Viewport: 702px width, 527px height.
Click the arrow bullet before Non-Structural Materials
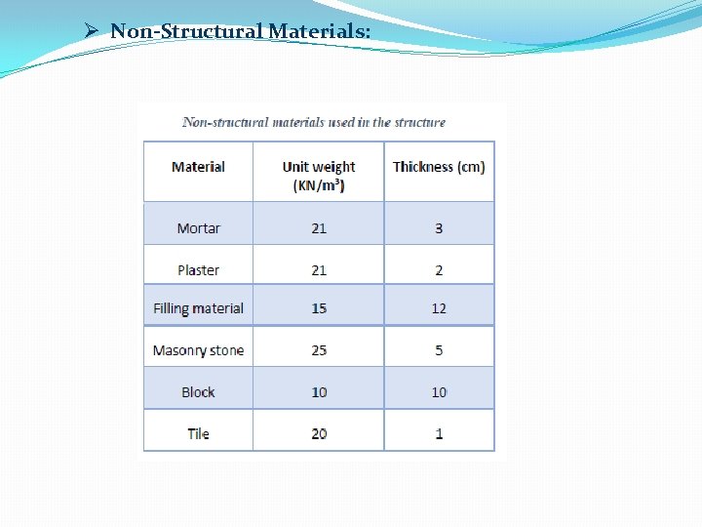(x=92, y=31)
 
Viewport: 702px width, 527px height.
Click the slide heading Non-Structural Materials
(x=240, y=31)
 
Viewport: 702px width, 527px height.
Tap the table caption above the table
(x=314, y=122)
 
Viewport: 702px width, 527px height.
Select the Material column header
(x=198, y=167)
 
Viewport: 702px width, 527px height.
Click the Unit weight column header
(x=319, y=176)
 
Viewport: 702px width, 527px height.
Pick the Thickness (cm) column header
(x=439, y=167)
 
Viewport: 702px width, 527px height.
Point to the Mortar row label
(x=198, y=228)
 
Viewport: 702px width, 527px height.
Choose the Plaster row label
(x=198, y=270)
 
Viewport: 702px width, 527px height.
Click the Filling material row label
(x=198, y=308)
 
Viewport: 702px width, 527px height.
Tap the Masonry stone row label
(x=198, y=350)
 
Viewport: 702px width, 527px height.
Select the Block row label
(x=198, y=392)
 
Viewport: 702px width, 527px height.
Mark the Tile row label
(x=198, y=433)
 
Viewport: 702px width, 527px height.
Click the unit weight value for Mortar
(x=319, y=228)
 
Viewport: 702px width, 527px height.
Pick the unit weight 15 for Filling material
(x=319, y=308)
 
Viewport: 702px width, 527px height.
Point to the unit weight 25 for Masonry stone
(x=319, y=350)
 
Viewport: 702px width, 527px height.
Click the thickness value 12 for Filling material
(x=439, y=308)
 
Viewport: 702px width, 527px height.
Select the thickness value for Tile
(x=439, y=433)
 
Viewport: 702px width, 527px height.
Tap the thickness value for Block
(x=439, y=392)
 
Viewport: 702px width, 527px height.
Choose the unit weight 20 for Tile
(x=319, y=433)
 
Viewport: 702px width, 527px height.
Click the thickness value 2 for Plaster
(x=439, y=270)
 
